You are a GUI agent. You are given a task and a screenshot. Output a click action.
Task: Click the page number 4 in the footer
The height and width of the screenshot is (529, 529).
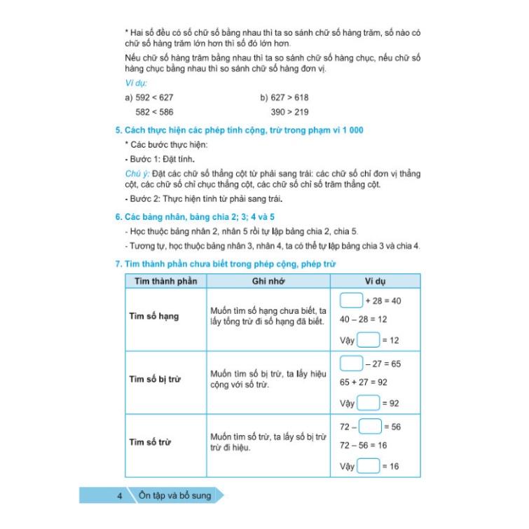pos(121,496)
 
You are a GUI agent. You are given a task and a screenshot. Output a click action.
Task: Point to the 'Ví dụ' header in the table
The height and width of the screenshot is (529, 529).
pos(375,281)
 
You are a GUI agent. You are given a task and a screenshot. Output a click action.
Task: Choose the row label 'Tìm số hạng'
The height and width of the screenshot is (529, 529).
pos(153,316)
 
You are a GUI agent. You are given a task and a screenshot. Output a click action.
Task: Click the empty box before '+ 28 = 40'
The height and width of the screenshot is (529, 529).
pos(350,300)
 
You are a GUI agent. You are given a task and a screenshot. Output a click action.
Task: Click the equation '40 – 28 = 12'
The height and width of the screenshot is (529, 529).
pos(363,319)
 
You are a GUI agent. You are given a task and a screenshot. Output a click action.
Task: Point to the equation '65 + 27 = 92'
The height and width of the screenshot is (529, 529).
pos(363,382)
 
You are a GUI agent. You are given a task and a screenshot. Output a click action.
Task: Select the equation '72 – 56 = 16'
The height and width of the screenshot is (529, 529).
pos(363,445)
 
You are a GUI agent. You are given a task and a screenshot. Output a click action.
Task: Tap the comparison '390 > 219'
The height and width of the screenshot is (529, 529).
pos(289,111)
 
